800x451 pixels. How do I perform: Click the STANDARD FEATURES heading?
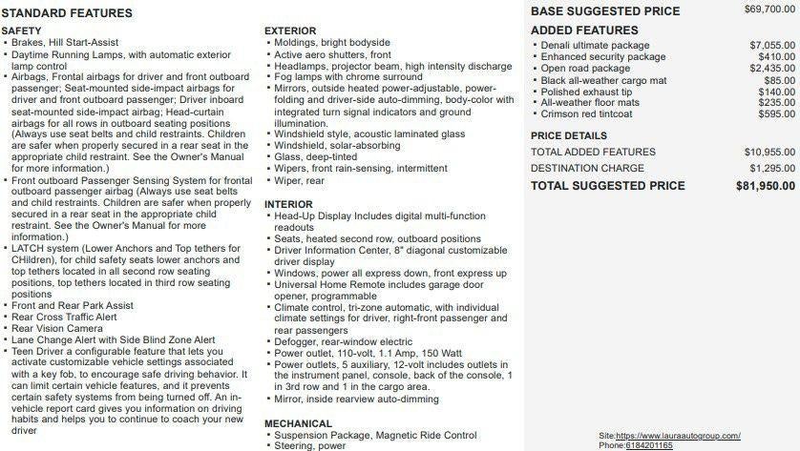(67, 13)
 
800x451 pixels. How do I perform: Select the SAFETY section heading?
(21, 31)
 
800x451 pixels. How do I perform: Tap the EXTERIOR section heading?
(290, 31)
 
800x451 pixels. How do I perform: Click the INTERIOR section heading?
(288, 204)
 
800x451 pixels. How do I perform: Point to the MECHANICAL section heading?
(298, 423)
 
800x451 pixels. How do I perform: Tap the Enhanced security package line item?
(603, 57)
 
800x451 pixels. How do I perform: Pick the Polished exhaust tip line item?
(586, 92)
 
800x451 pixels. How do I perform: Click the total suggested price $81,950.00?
(766, 185)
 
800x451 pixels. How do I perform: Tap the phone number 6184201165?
(649, 445)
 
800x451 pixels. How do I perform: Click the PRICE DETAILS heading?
(569, 135)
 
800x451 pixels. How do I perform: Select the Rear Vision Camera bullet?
(57, 328)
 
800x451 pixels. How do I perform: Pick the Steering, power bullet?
(310, 445)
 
